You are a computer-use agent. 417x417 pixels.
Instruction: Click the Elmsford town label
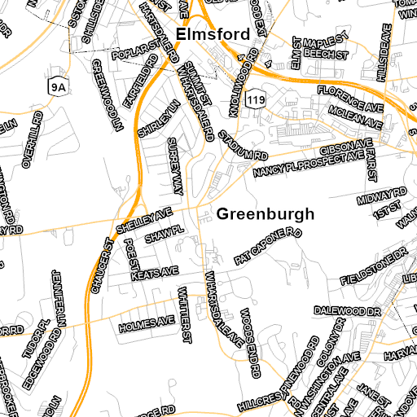pos(213,34)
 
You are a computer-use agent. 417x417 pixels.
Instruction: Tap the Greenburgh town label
pos(266,215)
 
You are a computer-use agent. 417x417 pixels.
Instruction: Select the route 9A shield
pos(56,85)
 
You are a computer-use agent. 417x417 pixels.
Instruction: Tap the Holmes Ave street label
pos(147,323)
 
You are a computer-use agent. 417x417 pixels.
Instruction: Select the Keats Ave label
pos(155,272)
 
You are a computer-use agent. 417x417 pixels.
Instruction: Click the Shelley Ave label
pos(145,218)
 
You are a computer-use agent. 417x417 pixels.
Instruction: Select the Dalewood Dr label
pos(349,311)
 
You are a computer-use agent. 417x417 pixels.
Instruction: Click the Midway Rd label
pos(382,195)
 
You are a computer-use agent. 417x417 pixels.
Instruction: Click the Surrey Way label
pos(174,165)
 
